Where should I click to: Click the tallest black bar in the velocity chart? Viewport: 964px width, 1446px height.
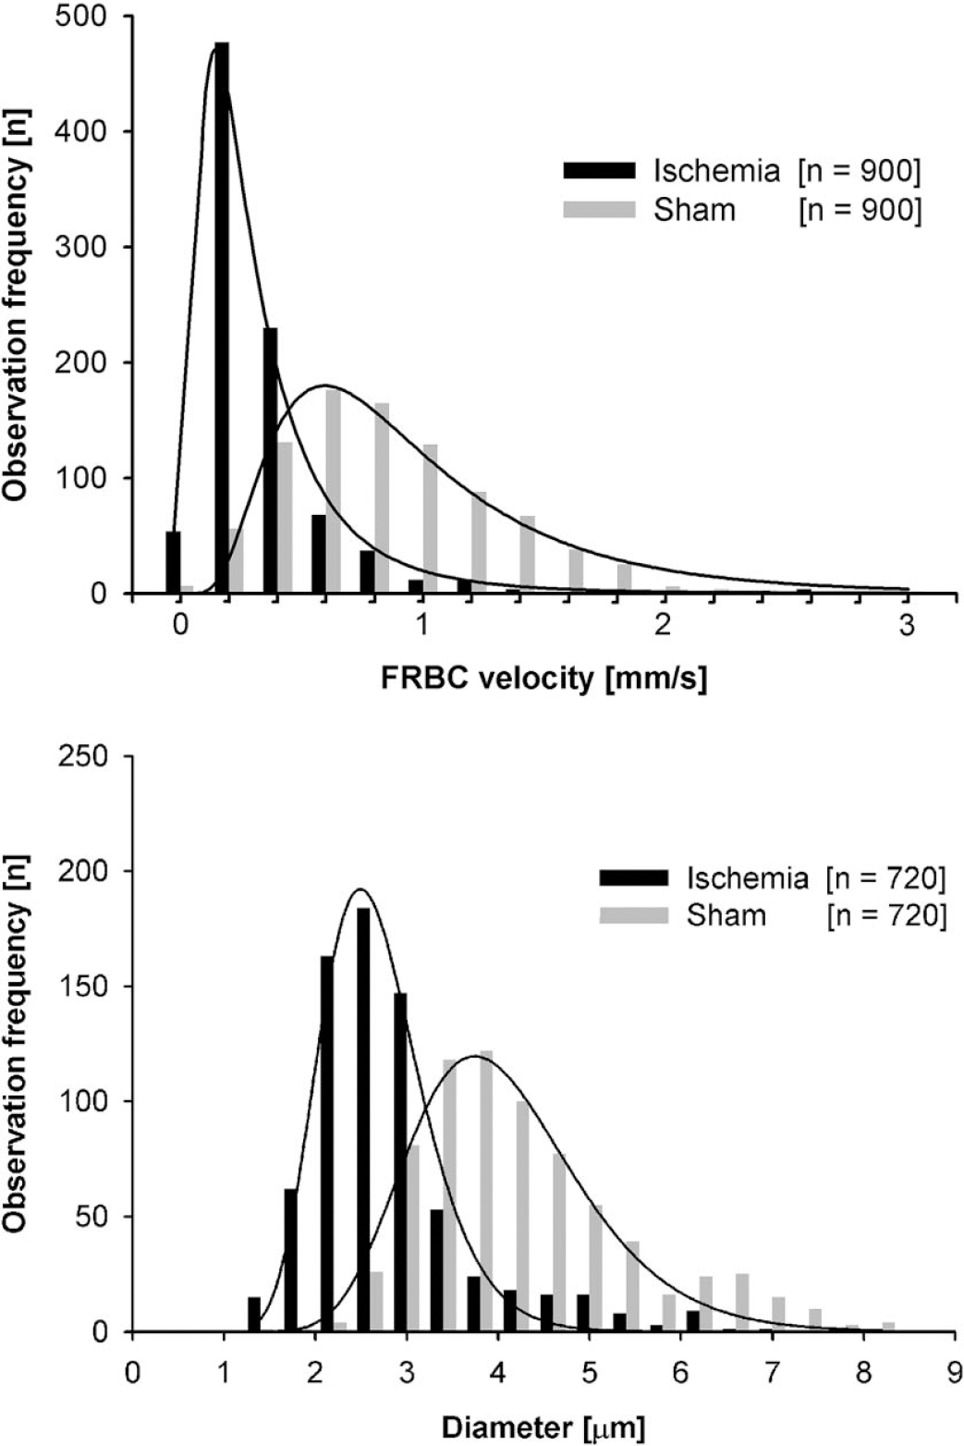coord(222,318)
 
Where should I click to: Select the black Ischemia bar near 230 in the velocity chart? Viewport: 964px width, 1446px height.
coord(271,460)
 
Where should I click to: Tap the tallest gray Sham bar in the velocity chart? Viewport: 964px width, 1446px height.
coord(333,491)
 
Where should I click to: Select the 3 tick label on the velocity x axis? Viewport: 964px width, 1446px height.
coord(908,626)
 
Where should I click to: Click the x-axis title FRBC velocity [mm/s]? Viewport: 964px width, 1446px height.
coord(543,680)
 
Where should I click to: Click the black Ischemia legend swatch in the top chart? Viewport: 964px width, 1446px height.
coord(600,170)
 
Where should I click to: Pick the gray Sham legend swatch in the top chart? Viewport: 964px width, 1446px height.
coord(600,210)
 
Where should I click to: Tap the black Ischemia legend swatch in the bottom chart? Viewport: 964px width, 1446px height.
coord(634,878)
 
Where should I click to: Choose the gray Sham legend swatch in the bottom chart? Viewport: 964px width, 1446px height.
coord(634,915)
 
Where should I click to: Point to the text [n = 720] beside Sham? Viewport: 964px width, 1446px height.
coord(886,916)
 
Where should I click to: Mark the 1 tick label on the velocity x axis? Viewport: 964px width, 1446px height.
coord(422,626)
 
